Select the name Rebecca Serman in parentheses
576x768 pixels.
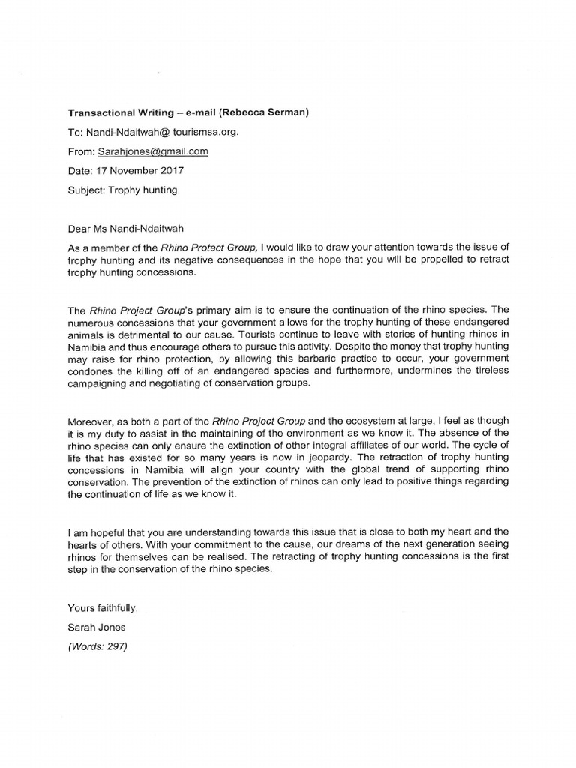point(266,112)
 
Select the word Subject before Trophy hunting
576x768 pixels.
point(85,190)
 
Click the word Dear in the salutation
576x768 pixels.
point(80,226)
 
